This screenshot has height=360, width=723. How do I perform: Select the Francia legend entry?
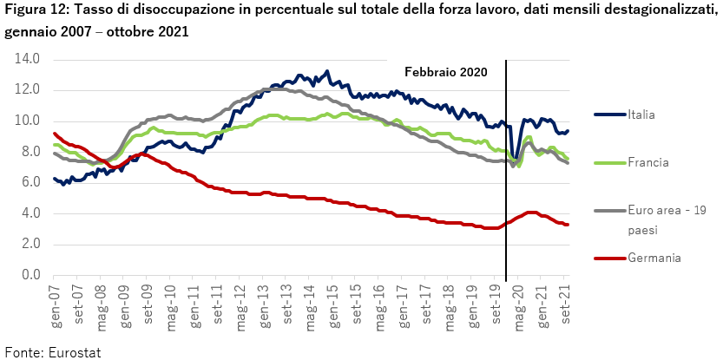click(x=647, y=162)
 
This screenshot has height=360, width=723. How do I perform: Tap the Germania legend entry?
click(x=654, y=258)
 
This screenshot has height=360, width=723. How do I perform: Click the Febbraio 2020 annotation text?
click(x=446, y=72)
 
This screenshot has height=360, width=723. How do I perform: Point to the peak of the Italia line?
click(x=327, y=71)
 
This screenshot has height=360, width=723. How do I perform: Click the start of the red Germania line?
click(x=55, y=134)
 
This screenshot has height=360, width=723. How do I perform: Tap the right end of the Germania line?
click(x=568, y=224)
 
